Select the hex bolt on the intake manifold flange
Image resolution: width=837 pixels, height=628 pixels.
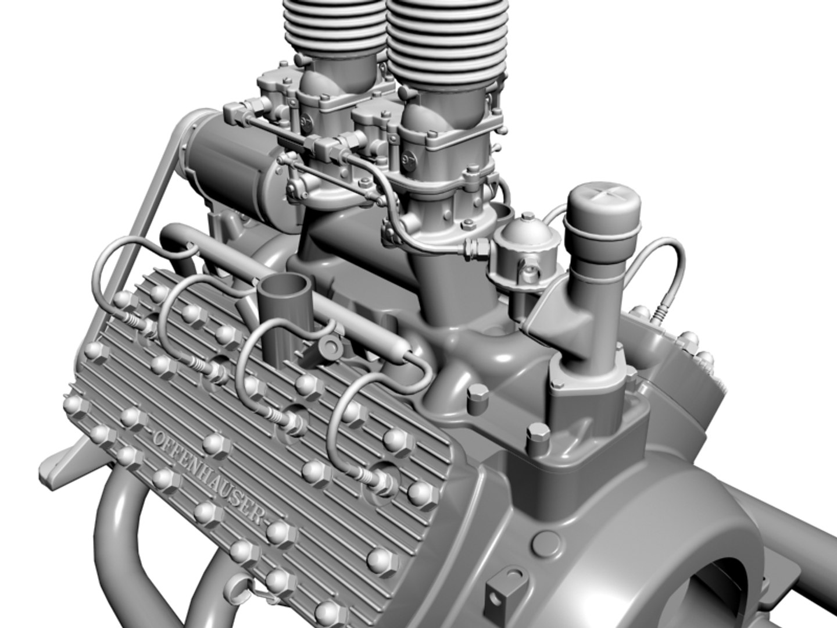click(x=477, y=394)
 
